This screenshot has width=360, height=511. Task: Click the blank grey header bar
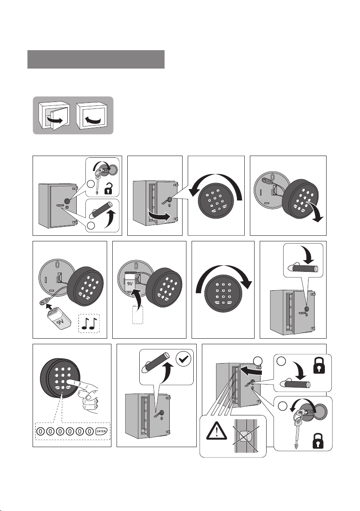[x=96, y=59]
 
